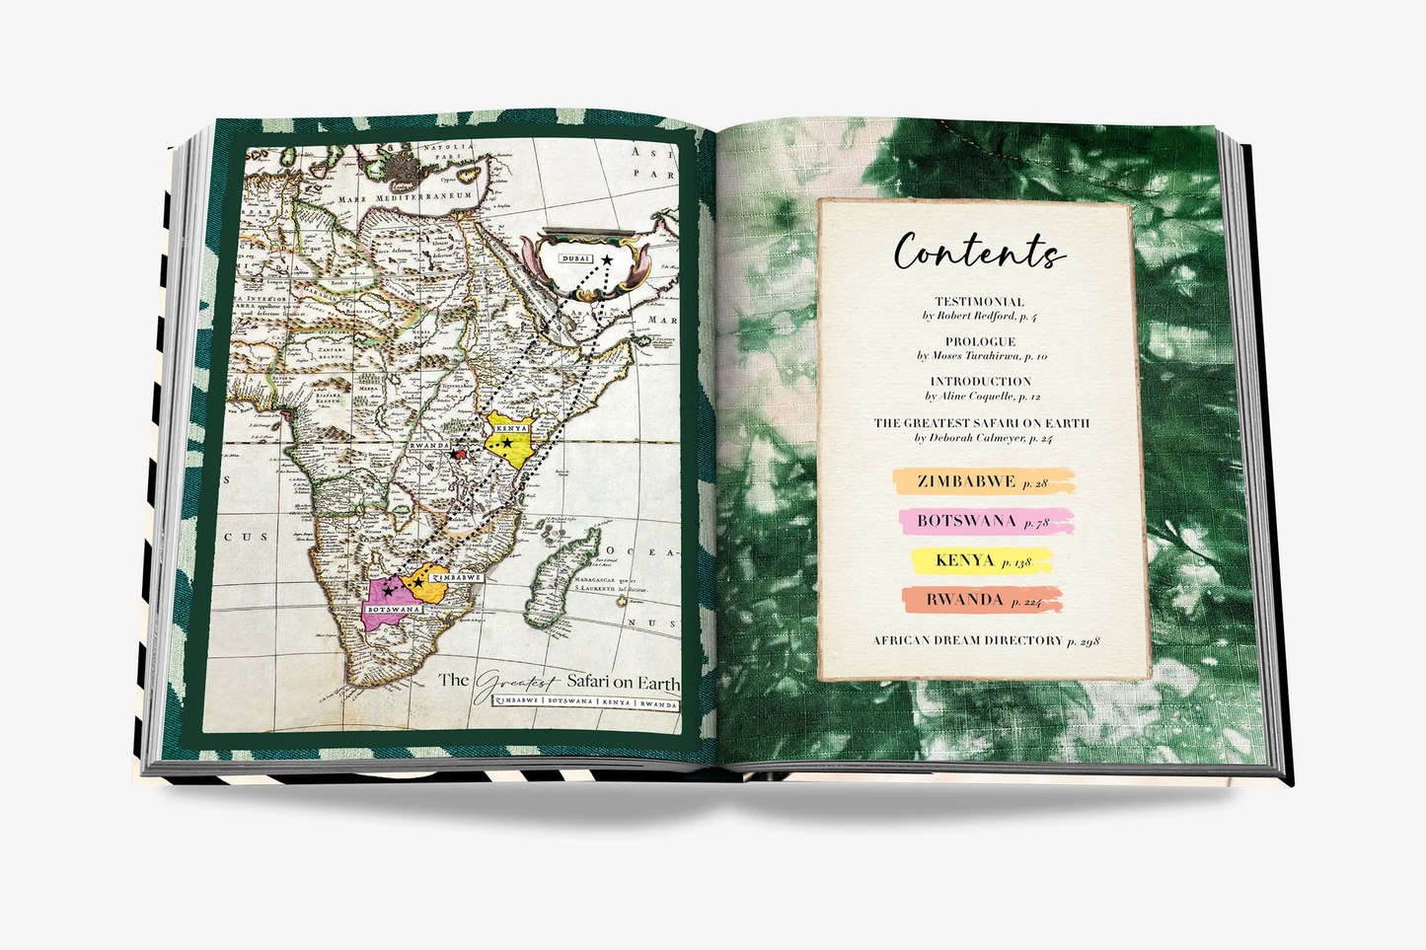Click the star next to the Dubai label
point(606,259)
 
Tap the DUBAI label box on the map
point(575,258)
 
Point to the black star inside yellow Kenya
point(507,444)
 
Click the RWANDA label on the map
point(428,446)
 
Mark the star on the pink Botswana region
point(389,590)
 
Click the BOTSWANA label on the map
point(393,610)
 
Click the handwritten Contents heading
point(979,252)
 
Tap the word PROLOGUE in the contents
point(980,341)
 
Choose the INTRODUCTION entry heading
point(980,381)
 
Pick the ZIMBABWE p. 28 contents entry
point(982,482)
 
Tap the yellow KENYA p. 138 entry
point(981,560)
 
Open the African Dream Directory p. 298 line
point(985,640)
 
